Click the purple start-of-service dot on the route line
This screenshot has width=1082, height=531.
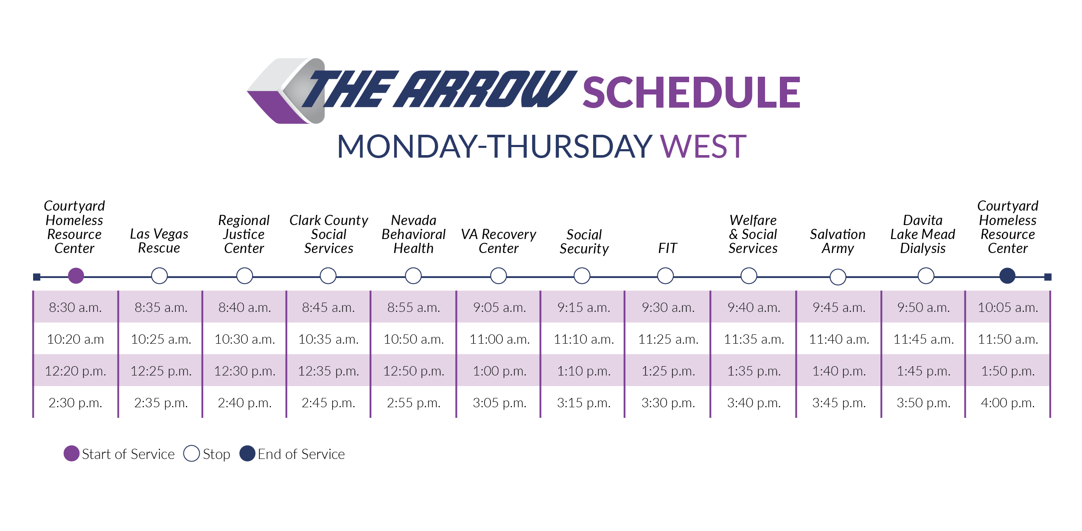tap(76, 276)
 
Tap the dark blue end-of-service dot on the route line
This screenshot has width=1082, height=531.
tap(1007, 276)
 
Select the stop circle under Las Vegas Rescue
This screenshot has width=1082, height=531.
tap(160, 276)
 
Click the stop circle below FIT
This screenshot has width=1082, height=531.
tap(665, 276)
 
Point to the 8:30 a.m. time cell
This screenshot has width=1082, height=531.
tap(75, 307)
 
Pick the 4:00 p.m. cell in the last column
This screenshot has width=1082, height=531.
tap(1008, 403)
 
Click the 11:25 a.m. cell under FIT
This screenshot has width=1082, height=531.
tap(668, 339)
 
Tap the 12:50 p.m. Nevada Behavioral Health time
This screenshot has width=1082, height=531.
tap(414, 371)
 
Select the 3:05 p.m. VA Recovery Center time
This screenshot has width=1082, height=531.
tap(499, 403)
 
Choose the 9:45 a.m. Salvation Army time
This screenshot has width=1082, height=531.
tap(839, 307)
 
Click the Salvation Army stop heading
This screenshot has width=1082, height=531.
tap(838, 241)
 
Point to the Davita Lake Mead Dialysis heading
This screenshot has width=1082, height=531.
tap(922, 234)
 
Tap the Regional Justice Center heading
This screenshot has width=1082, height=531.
tap(244, 234)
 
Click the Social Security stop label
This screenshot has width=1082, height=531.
tap(584, 241)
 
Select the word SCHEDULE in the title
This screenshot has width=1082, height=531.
tap(692, 92)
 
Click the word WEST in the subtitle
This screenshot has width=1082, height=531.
tap(703, 147)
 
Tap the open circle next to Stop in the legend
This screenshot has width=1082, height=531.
tap(191, 453)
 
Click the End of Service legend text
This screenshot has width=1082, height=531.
tap(301, 454)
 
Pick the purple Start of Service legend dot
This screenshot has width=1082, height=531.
tap(71, 453)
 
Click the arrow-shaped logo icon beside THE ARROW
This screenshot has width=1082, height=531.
tap(286, 91)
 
